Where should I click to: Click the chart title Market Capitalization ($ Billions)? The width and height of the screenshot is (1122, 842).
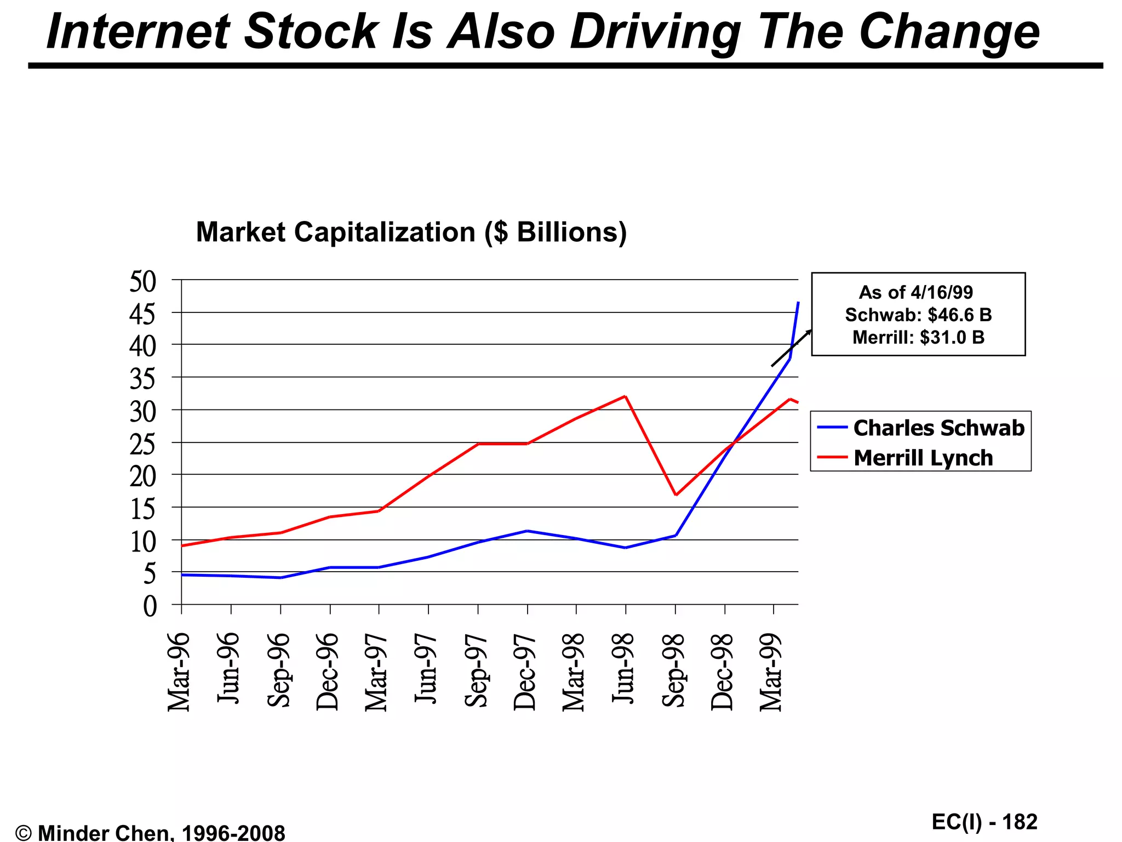(x=411, y=232)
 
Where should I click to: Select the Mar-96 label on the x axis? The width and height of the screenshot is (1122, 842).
(x=179, y=672)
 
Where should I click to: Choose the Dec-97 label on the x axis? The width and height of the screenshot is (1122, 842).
(x=524, y=672)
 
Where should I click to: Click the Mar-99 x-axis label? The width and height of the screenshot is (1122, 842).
(x=771, y=672)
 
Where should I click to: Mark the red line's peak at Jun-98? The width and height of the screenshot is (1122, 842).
(x=625, y=396)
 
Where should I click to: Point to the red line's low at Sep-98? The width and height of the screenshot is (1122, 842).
(x=676, y=495)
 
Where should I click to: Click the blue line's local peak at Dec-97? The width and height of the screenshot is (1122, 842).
(x=526, y=531)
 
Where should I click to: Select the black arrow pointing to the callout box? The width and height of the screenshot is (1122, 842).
(x=791, y=348)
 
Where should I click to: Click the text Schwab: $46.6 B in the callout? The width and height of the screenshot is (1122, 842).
(x=918, y=315)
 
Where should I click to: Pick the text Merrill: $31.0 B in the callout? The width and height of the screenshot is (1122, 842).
(x=918, y=338)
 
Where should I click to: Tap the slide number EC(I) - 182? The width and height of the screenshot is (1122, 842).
(x=984, y=822)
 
